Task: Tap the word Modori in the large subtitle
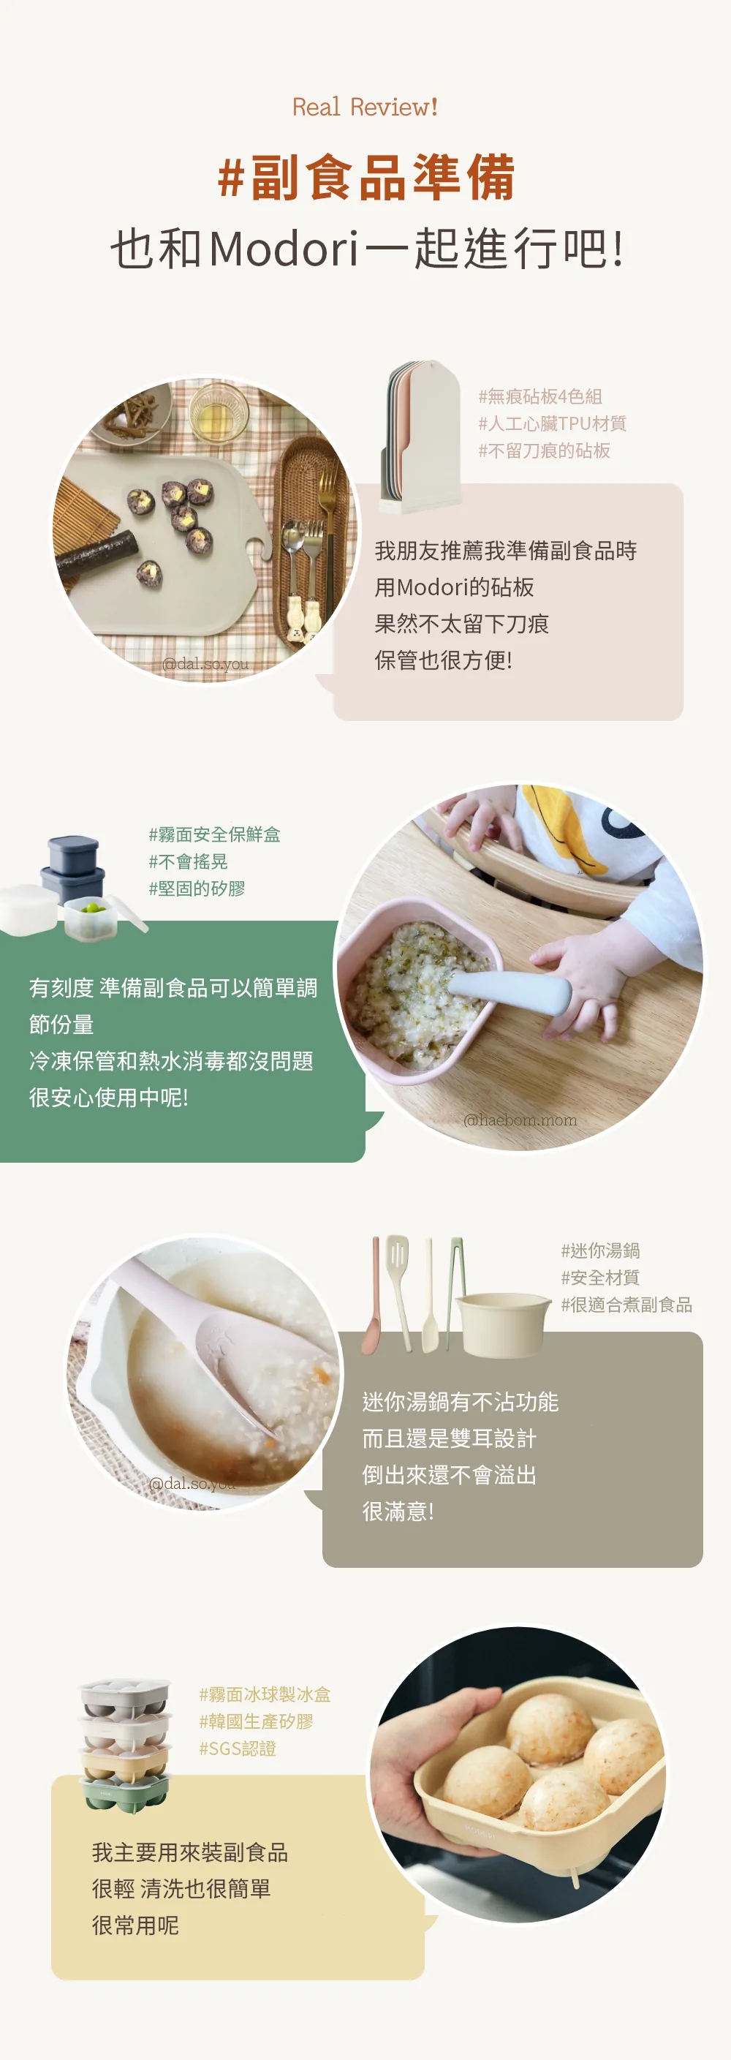[x=283, y=249]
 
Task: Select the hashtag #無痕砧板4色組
[x=540, y=396]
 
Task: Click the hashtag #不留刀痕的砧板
[x=544, y=450]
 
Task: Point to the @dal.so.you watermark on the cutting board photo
[x=205, y=663]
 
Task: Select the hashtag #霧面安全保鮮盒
[x=214, y=834]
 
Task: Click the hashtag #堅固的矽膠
[x=197, y=888]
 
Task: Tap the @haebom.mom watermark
[x=520, y=1120]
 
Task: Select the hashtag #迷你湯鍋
[x=600, y=1250]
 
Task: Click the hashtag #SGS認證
[x=237, y=1748]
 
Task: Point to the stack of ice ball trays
[x=126, y=1743]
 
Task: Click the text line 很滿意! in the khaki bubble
[x=398, y=1511]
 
